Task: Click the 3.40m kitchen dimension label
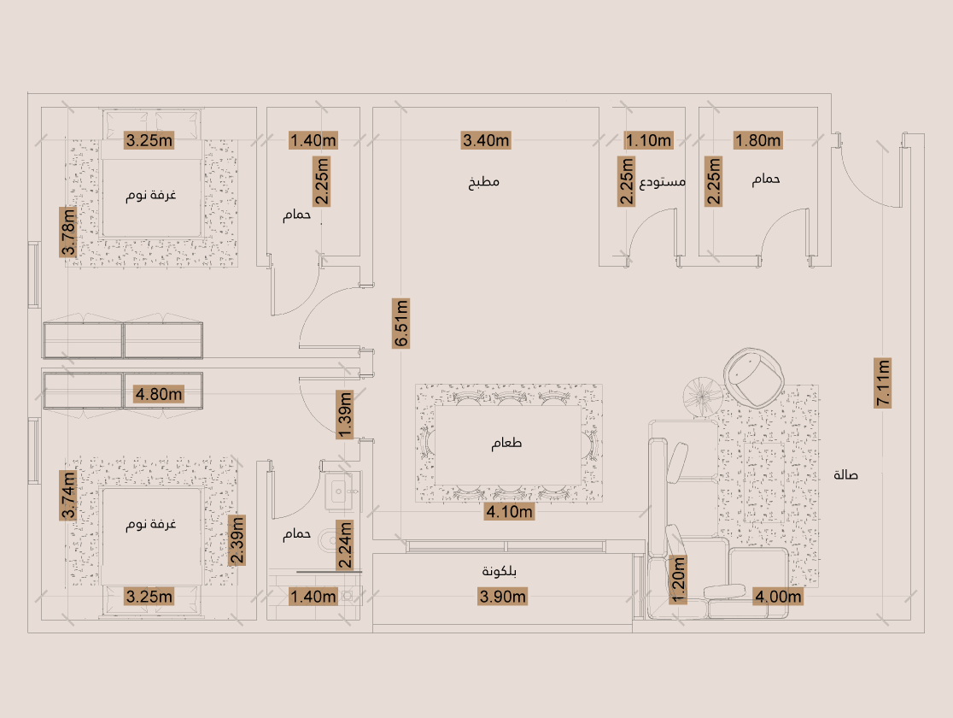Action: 486,140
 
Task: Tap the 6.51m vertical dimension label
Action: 401,323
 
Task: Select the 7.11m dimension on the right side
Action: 882,383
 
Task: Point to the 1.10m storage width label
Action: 648,140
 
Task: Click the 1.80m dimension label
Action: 758,140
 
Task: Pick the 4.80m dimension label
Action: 159,394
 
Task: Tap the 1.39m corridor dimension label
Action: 345,415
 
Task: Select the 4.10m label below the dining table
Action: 509,512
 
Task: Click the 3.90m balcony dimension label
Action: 503,597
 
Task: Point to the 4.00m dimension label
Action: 778,597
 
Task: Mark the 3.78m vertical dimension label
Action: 68,232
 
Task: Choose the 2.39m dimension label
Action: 237,540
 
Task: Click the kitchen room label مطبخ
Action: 484,182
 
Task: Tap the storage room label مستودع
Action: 663,182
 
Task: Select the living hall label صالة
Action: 846,474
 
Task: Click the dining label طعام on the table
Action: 507,443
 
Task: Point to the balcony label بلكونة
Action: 499,571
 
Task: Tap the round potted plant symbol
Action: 703,397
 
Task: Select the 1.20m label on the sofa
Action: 678,580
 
